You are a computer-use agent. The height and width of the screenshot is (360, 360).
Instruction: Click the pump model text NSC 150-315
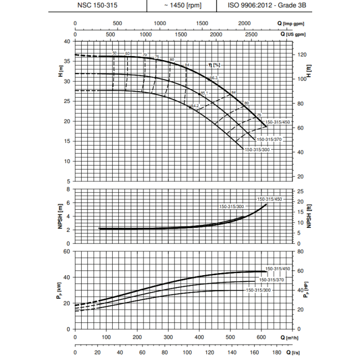tap(97, 6)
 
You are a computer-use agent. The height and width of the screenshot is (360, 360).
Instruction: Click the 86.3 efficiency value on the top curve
tap(214, 78)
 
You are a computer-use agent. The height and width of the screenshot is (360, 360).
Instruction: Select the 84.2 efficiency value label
tap(195, 106)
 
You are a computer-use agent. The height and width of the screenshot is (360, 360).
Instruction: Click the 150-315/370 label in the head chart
tap(269, 139)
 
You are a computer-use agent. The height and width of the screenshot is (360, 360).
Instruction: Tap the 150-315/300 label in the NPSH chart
tap(231, 206)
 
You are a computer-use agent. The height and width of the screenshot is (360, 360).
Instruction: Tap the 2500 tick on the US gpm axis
tap(250, 34)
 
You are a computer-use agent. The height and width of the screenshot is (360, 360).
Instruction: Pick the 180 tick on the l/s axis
tap(277, 353)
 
